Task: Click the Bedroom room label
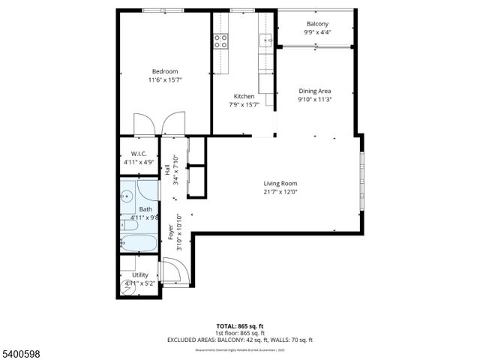coord(164,71)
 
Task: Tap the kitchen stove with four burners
coord(221,41)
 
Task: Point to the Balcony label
coord(316,24)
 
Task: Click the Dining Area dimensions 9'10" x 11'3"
coord(315,99)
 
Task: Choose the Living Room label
coord(280,184)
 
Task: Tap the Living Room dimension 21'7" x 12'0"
coord(280,192)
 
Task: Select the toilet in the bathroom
coord(129,225)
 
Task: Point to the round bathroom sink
coord(127,196)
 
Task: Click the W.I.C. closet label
coord(138,154)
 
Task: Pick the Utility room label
coord(140,275)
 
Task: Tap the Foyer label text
coord(170,231)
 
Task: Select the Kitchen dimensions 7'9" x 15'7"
coord(244,104)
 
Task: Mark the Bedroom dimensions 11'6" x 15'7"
coord(164,79)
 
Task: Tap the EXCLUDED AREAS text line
coord(196,340)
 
